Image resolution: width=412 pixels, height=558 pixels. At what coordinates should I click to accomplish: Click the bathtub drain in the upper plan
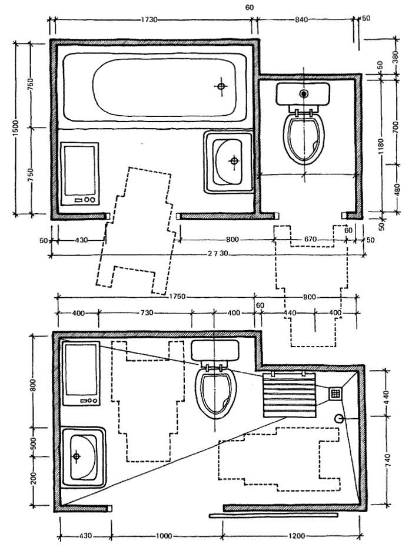[x=221, y=86]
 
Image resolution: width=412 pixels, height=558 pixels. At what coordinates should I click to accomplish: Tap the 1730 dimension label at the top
[x=149, y=20]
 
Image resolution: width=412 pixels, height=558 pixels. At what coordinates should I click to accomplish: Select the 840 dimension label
[x=301, y=20]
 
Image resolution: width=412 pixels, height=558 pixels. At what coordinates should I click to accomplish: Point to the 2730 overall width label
[x=218, y=254]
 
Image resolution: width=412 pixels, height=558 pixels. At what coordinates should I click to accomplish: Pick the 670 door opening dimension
[x=311, y=240]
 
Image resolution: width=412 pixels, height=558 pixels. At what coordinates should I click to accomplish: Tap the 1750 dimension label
[x=177, y=297]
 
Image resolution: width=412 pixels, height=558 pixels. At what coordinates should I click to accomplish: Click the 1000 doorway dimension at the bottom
[x=164, y=536]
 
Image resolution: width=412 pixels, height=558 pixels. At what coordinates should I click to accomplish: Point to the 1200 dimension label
[x=296, y=536]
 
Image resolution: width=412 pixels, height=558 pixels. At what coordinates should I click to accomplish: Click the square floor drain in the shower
[x=335, y=393]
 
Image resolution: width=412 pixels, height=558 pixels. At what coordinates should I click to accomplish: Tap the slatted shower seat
[x=290, y=395]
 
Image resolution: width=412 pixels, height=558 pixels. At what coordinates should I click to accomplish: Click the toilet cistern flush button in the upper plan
[x=304, y=94]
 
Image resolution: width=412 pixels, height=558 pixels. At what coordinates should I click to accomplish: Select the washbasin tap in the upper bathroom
[x=234, y=161]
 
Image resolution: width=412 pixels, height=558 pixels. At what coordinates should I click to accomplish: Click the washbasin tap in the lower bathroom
[x=76, y=456]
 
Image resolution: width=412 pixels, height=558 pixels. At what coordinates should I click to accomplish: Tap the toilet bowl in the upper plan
[x=304, y=137]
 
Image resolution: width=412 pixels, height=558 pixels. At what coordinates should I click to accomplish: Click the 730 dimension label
[x=147, y=313]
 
